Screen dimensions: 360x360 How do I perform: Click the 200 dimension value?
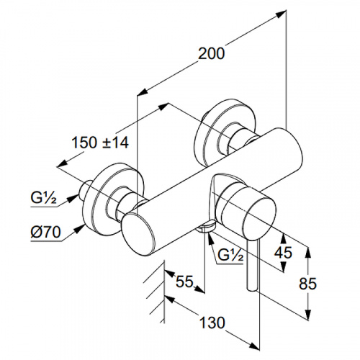[x=212, y=53]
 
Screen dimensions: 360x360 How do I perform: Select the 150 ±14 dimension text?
[x=100, y=143]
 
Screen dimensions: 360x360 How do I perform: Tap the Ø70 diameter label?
[x=45, y=232]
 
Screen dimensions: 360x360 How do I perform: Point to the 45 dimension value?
[x=283, y=253]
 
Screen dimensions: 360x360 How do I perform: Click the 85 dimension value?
[x=307, y=284]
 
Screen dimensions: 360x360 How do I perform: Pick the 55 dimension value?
[x=184, y=282]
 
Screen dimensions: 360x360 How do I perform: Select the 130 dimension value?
[x=212, y=323]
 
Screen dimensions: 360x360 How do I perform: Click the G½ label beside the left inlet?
[x=44, y=198]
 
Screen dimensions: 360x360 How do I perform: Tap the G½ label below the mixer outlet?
[x=230, y=256]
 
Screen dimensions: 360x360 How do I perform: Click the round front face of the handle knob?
[x=258, y=217]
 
